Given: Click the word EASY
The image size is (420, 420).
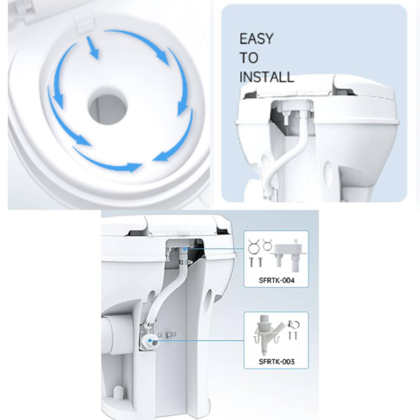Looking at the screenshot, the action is coord(256,39).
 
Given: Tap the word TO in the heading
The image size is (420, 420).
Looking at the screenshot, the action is coord(249,58).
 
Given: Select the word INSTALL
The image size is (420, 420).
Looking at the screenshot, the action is coord(267,77).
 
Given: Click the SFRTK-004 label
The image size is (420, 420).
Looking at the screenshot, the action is coord(277,280).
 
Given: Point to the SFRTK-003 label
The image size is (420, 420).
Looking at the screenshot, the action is coord(277,361).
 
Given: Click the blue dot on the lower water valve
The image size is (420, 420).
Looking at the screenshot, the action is coord(151,340).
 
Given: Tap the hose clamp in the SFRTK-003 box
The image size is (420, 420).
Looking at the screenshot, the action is coord(293,325).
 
